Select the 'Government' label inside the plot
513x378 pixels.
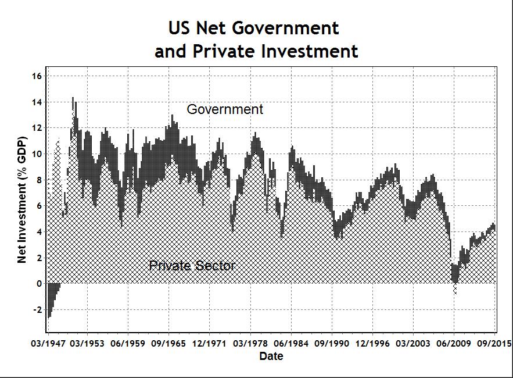pos(225,109)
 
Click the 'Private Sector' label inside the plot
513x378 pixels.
pos(192,266)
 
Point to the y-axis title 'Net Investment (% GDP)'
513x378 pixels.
pos(22,201)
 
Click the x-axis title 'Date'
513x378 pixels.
pos(271,356)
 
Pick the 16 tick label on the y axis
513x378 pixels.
pos(37,76)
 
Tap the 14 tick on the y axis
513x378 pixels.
pos(37,102)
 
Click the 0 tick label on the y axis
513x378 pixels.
pos(39,284)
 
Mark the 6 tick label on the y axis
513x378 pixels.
pos(39,206)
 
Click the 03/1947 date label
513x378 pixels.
pos(46,343)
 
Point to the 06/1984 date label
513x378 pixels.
pos(291,343)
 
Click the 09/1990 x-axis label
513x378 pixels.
pos(332,343)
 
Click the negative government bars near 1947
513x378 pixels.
pos(52,297)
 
